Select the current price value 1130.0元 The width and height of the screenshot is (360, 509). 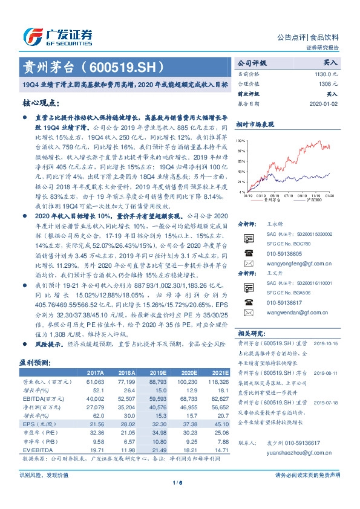(327, 73)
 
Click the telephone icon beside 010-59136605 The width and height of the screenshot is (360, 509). (248, 254)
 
